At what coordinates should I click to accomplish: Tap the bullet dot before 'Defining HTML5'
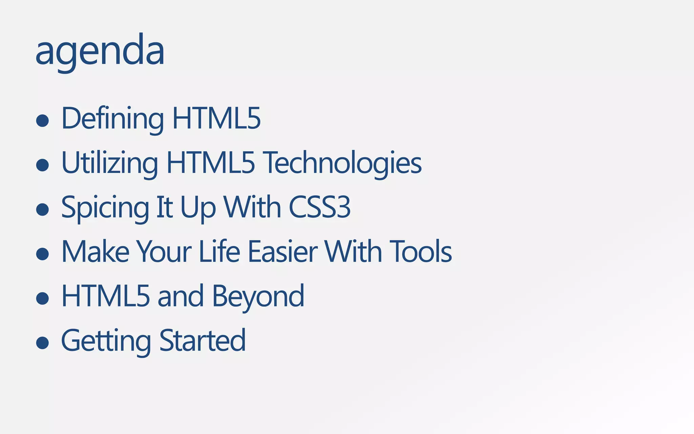pos(43,120)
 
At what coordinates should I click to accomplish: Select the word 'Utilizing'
pos(109,163)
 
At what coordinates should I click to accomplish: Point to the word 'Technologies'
pos(343,163)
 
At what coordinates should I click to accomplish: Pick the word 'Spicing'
pos(105,208)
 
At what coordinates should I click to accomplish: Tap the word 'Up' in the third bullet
pos(198,208)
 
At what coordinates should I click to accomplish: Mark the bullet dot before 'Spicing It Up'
pos(43,209)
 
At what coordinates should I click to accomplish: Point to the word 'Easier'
pos(283,252)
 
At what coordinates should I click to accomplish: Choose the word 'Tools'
pos(421,252)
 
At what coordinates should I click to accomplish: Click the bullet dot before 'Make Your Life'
pos(43,254)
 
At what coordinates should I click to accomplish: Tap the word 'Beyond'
pos(258,296)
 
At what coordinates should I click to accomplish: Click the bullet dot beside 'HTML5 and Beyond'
pos(43,298)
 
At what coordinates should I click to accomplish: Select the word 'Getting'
pos(106,341)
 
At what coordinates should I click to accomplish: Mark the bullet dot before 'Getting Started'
pos(43,342)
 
